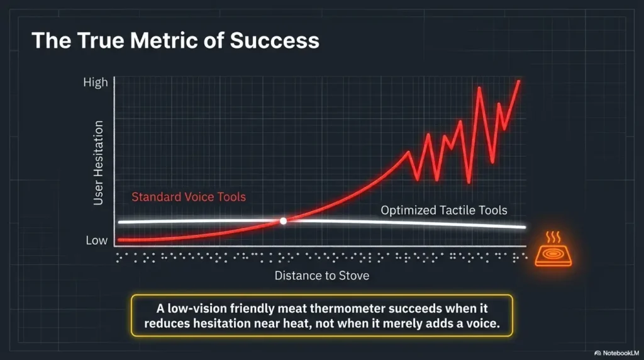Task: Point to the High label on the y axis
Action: [96, 82]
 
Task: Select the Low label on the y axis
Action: [96, 240]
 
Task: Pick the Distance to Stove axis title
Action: [322, 276]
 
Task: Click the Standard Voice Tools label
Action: [189, 197]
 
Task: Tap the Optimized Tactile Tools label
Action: [444, 210]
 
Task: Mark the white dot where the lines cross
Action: [283, 221]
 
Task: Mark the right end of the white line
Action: [525, 227]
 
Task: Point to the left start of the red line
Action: [120, 240]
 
